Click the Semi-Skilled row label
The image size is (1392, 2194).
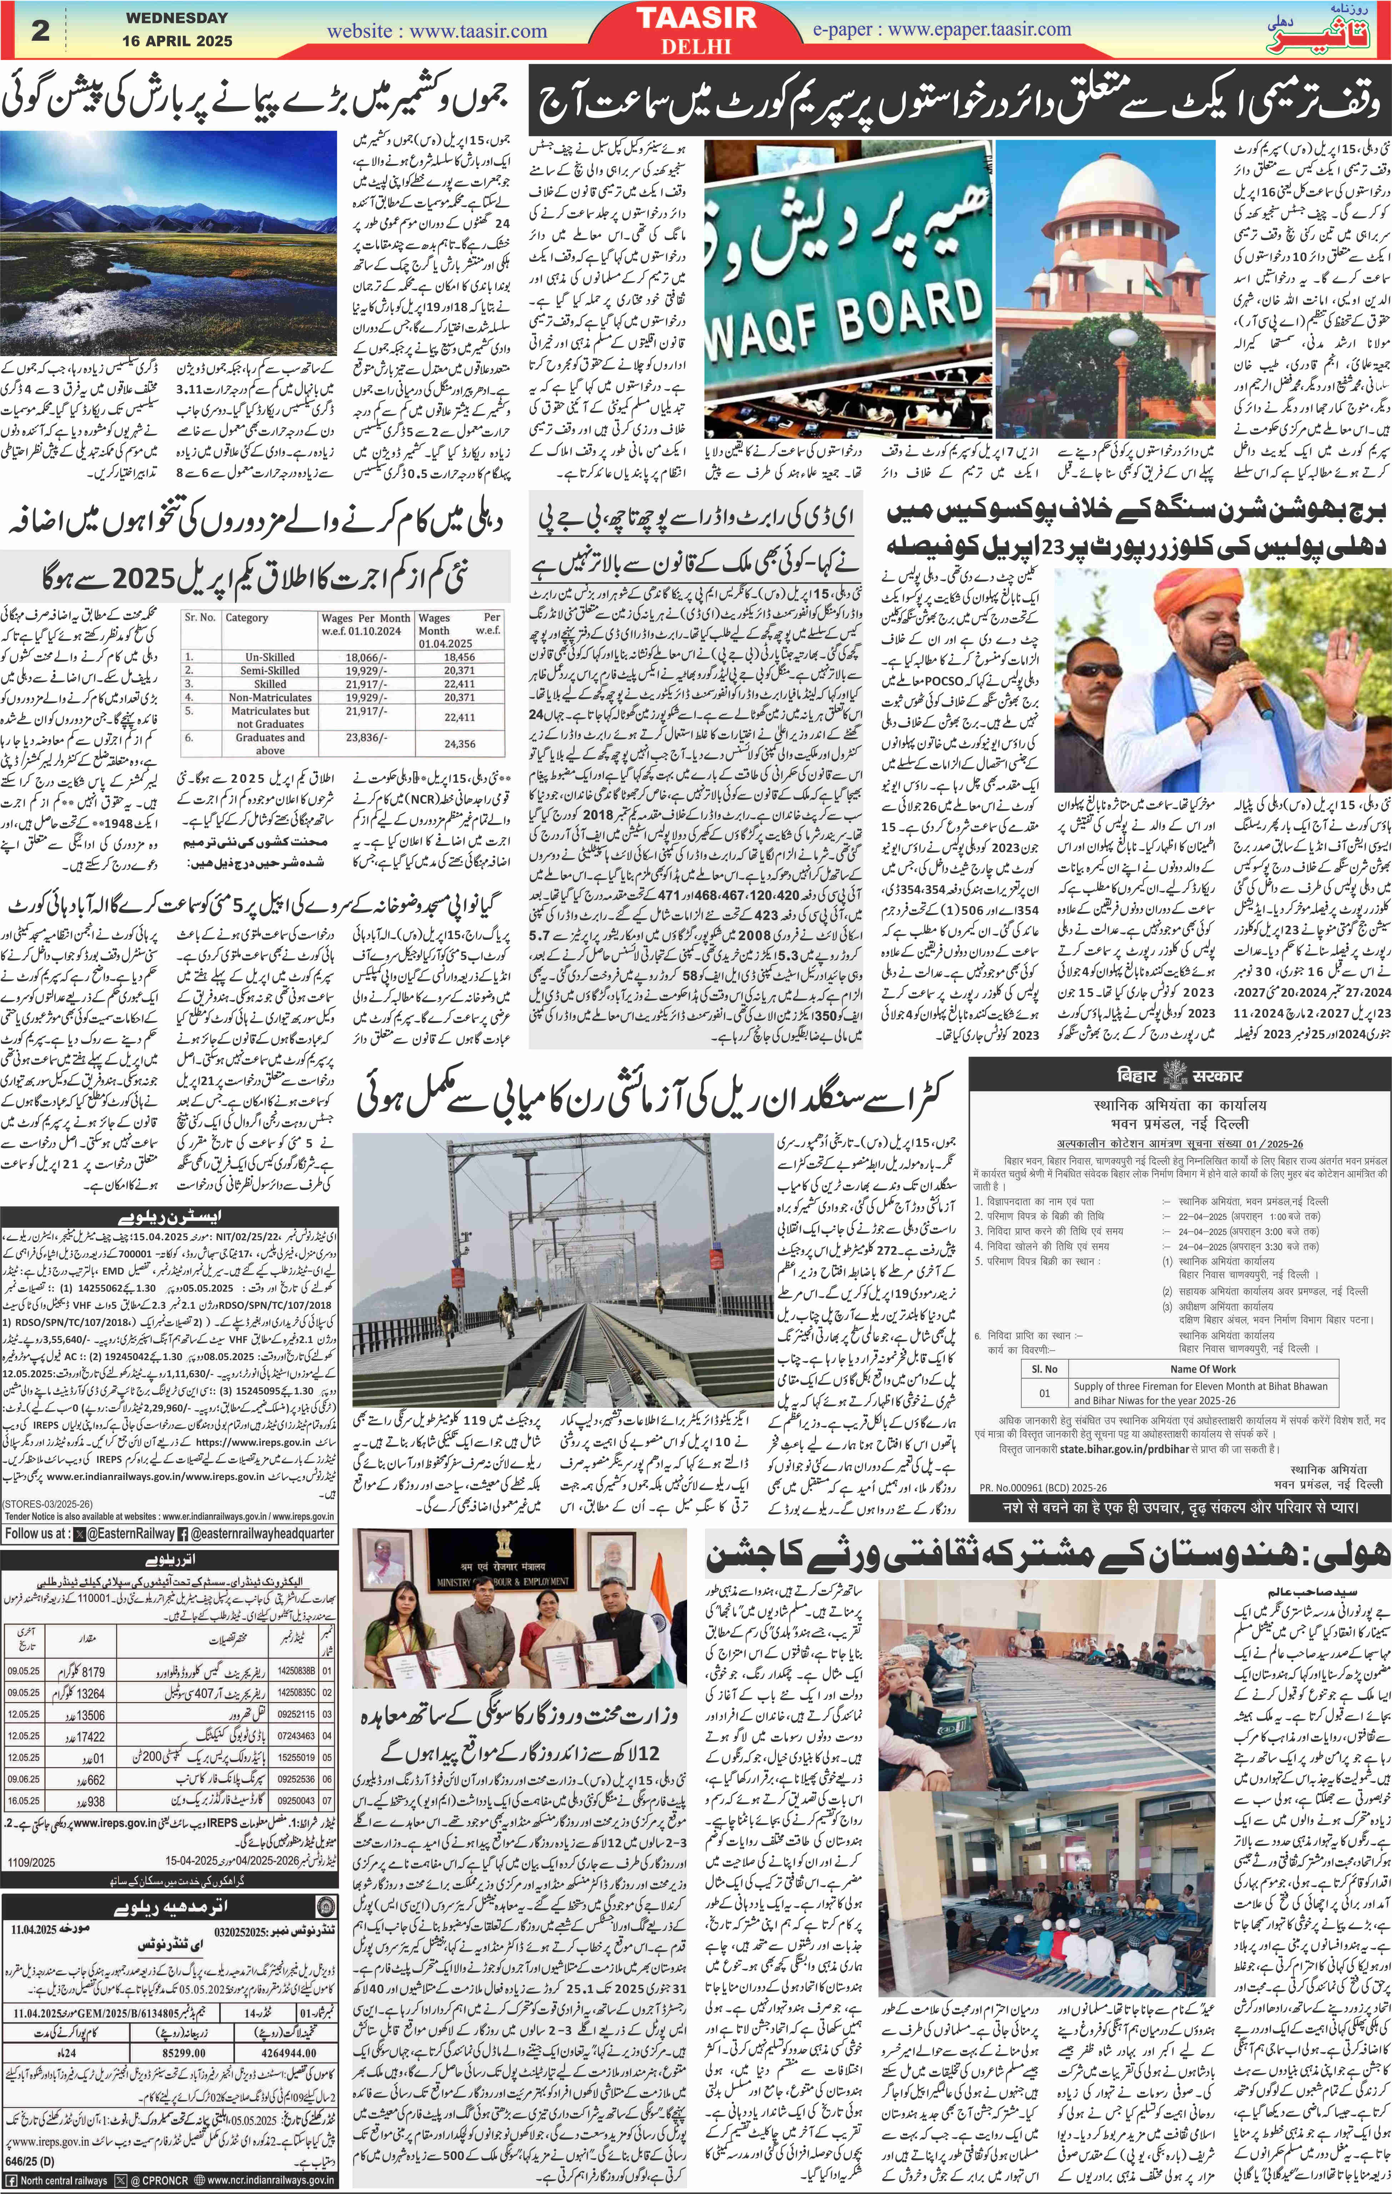click(x=270, y=670)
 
